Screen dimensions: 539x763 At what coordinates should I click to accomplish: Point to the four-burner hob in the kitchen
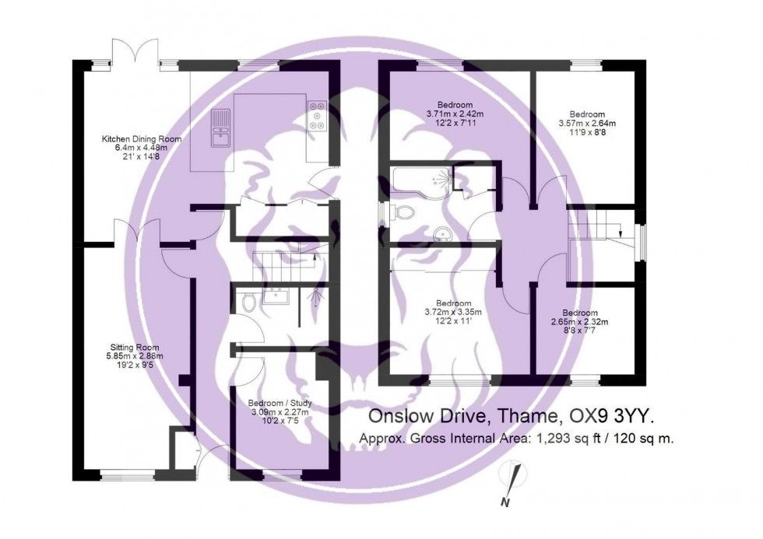(x=318, y=116)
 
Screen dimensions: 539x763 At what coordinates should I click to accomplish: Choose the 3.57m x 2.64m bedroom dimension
(x=587, y=123)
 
